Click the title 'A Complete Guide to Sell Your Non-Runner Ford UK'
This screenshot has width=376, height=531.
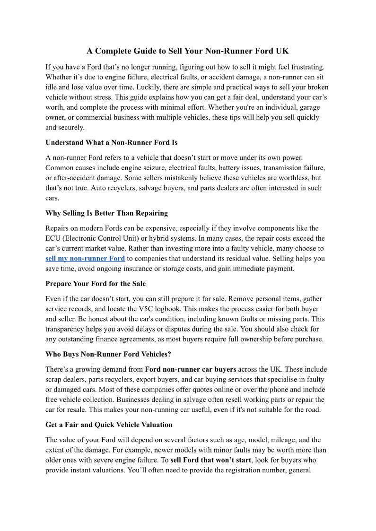click(x=187, y=51)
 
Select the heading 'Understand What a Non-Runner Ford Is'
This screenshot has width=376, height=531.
click(x=111, y=142)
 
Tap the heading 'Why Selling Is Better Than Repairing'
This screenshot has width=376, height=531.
click(x=106, y=213)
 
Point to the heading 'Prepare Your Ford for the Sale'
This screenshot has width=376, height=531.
click(x=96, y=284)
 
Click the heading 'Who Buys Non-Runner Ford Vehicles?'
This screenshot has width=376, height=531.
click(x=108, y=354)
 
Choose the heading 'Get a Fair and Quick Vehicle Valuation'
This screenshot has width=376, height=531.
click(x=109, y=425)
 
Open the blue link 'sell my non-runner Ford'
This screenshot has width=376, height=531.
click(x=85, y=259)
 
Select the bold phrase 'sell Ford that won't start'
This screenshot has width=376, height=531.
click(x=210, y=460)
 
